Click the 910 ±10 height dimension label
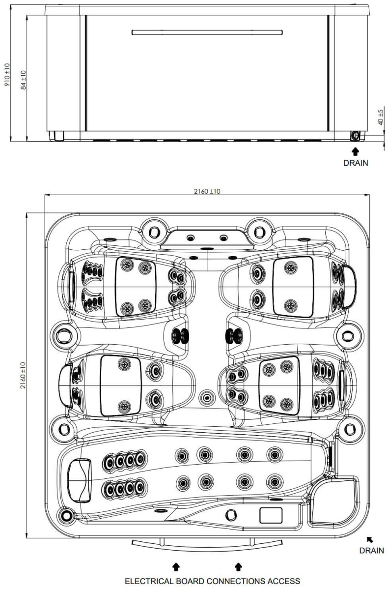(x=7, y=75)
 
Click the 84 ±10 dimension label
(x=23, y=80)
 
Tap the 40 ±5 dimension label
(x=380, y=117)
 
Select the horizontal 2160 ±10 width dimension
(x=207, y=191)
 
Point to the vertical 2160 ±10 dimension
(x=23, y=375)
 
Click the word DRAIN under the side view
(x=356, y=163)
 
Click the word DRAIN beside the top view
(x=371, y=551)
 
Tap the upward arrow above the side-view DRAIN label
(x=356, y=151)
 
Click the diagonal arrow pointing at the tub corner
(x=370, y=540)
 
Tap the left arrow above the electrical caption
(x=176, y=566)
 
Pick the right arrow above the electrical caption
(x=238, y=566)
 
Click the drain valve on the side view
(x=355, y=136)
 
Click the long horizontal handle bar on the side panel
(x=207, y=32)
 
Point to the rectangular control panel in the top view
(x=271, y=515)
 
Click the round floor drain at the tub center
(x=207, y=397)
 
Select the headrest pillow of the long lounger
(x=80, y=480)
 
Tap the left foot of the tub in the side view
(x=56, y=136)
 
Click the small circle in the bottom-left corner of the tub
(x=65, y=516)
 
